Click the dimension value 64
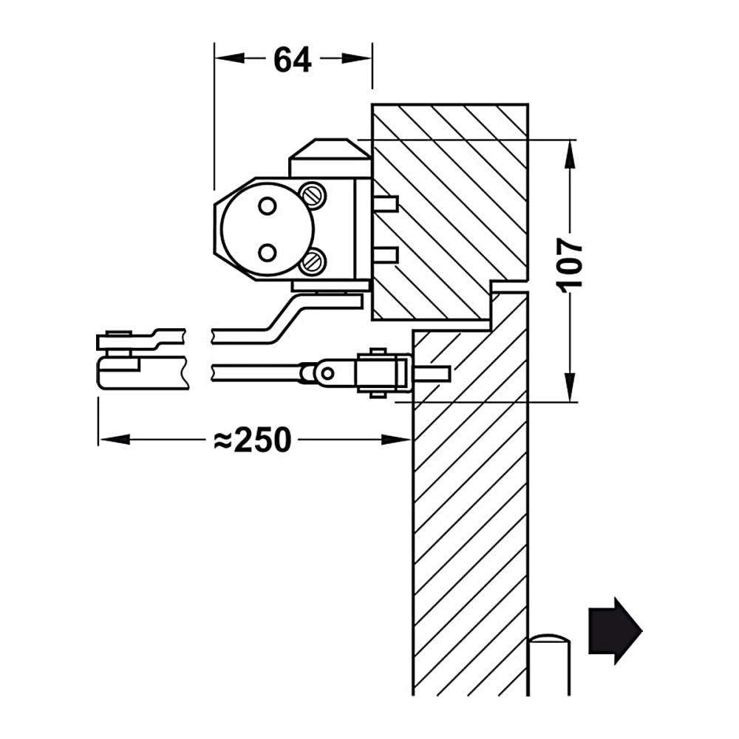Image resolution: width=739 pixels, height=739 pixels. pyautogui.click(x=293, y=60)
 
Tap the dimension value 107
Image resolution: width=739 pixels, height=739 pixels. pyautogui.click(x=570, y=265)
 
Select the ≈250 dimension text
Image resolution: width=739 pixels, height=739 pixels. pyautogui.click(x=253, y=440)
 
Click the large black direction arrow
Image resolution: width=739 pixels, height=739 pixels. pyautogui.click(x=616, y=630)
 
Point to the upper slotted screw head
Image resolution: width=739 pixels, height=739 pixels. pyautogui.click(x=313, y=194)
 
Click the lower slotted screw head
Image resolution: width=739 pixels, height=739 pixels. pyautogui.click(x=313, y=261)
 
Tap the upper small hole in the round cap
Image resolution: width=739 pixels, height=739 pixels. pyautogui.click(x=268, y=205)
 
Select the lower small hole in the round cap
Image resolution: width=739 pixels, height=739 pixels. pyautogui.click(x=268, y=253)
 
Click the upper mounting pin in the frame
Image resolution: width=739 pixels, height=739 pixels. pyautogui.click(x=386, y=204)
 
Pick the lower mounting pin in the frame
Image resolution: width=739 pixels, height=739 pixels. pyautogui.click(x=386, y=255)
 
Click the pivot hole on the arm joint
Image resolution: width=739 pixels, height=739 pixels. pyautogui.click(x=327, y=374)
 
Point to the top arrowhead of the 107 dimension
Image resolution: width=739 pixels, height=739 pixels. pyautogui.click(x=571, y=154)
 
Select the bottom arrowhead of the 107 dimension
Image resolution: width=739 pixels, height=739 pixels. pyautogui.click(x=571, y=387)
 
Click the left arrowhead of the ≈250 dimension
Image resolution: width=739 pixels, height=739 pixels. pyautogui.click(x=115, y=440)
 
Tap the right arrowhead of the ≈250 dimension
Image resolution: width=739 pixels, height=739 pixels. pyautogui.click(x=396, y=440)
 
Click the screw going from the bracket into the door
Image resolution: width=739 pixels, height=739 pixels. pyautogui.click(x=432, y=374)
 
